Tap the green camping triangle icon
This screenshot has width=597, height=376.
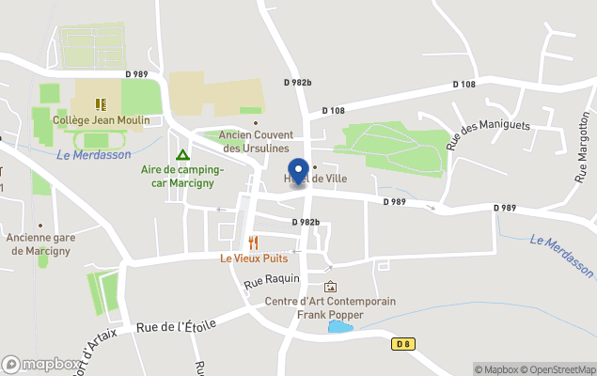point(181,155)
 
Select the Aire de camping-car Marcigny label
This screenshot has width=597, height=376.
point(181,176)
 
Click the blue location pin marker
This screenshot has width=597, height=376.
point(299,172)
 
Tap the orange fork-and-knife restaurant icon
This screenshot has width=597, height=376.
point(253,243)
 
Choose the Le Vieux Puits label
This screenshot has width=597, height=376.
point(254,258)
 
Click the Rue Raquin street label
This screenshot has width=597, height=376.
point(271,280)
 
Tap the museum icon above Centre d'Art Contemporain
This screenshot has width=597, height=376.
point(329,287)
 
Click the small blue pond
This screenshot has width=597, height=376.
point(339,327)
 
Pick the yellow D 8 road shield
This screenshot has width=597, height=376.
point(403,344)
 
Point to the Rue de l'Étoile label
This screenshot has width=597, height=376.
point(177,326)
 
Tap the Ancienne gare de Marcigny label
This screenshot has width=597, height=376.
point(39,243)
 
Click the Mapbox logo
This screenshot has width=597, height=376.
point(40,364)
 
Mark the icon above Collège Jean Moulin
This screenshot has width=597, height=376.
point(100,104)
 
